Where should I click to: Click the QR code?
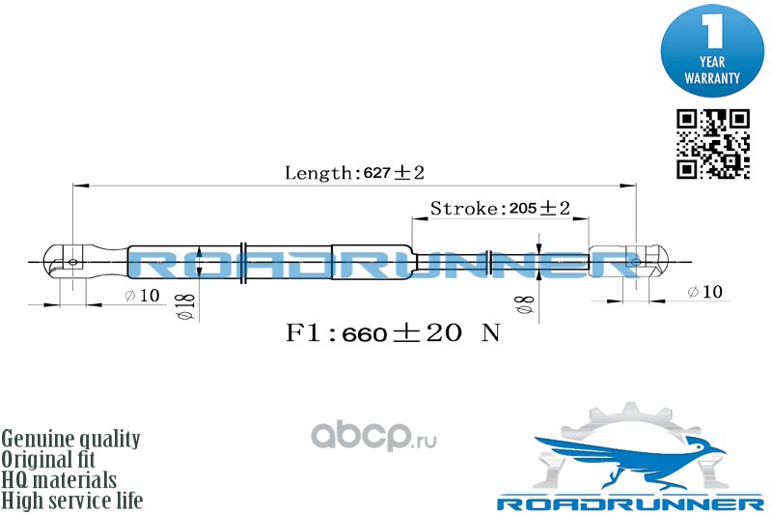click(711, 144)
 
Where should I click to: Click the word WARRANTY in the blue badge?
click(712, 76)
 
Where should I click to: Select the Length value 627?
click(376, 173)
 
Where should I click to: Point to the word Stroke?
click(463, 209)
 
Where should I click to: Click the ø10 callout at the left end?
click(142, 295)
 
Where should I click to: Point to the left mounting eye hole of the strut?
click(72, 260)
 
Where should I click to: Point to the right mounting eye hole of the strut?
click(635, 260)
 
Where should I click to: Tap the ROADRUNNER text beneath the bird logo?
click(630, 502)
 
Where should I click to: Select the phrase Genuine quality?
click(71, 439)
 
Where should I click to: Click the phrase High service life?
click(72, 501)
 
